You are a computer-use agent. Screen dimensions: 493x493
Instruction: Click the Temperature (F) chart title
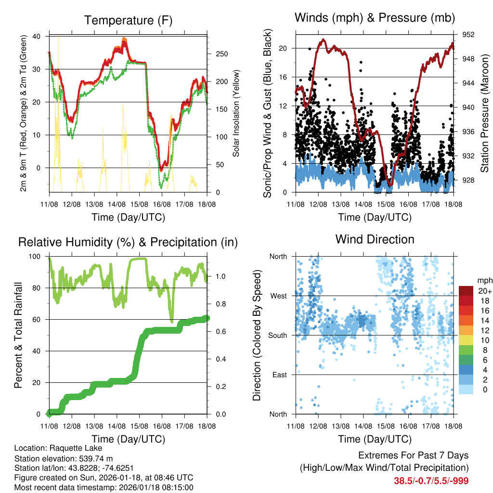(128, 20)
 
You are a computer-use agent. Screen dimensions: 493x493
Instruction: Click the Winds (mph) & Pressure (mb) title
(375, 18)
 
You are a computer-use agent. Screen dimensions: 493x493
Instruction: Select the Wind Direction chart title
(375, 239)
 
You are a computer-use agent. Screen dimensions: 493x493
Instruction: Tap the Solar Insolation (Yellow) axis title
(236, 114)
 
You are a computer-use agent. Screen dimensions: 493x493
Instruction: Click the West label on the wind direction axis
(279, 296)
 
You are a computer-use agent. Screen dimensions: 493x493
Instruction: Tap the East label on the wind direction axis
(280, 375)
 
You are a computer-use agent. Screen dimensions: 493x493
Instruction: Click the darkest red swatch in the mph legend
(466, 291)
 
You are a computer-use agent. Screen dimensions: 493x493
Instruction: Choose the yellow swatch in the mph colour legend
(466, 340)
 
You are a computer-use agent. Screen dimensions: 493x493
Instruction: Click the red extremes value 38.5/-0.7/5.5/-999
(431, 480)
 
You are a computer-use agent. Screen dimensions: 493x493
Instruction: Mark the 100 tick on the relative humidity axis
(38, 257)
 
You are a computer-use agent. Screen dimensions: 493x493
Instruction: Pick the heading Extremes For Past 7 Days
(413, 455)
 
